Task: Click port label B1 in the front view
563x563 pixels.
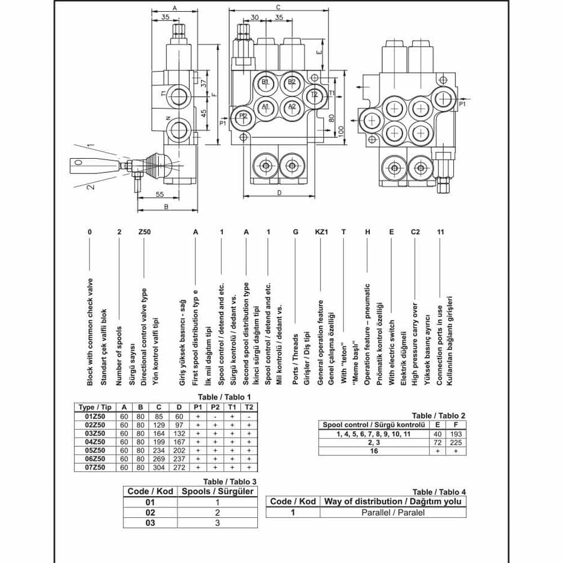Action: tap(266, 82)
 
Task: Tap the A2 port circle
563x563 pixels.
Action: tap(292, 106)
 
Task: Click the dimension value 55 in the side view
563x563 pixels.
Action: tap(159, 194)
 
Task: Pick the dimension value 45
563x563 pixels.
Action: tap(204, 113)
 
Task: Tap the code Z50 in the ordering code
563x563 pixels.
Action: tap(144, 232)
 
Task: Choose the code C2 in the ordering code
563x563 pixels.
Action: tap(415, 232)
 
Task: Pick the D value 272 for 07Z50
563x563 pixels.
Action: tap(178, 468)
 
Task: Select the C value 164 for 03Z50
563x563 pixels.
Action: tap(159, 434)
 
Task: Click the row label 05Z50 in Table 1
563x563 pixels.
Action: tap(94, 450)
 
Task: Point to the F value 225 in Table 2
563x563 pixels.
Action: tap(456, 443)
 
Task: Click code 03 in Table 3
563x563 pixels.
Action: tap(150, 522)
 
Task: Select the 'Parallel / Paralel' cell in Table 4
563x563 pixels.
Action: tap(392, 512)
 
